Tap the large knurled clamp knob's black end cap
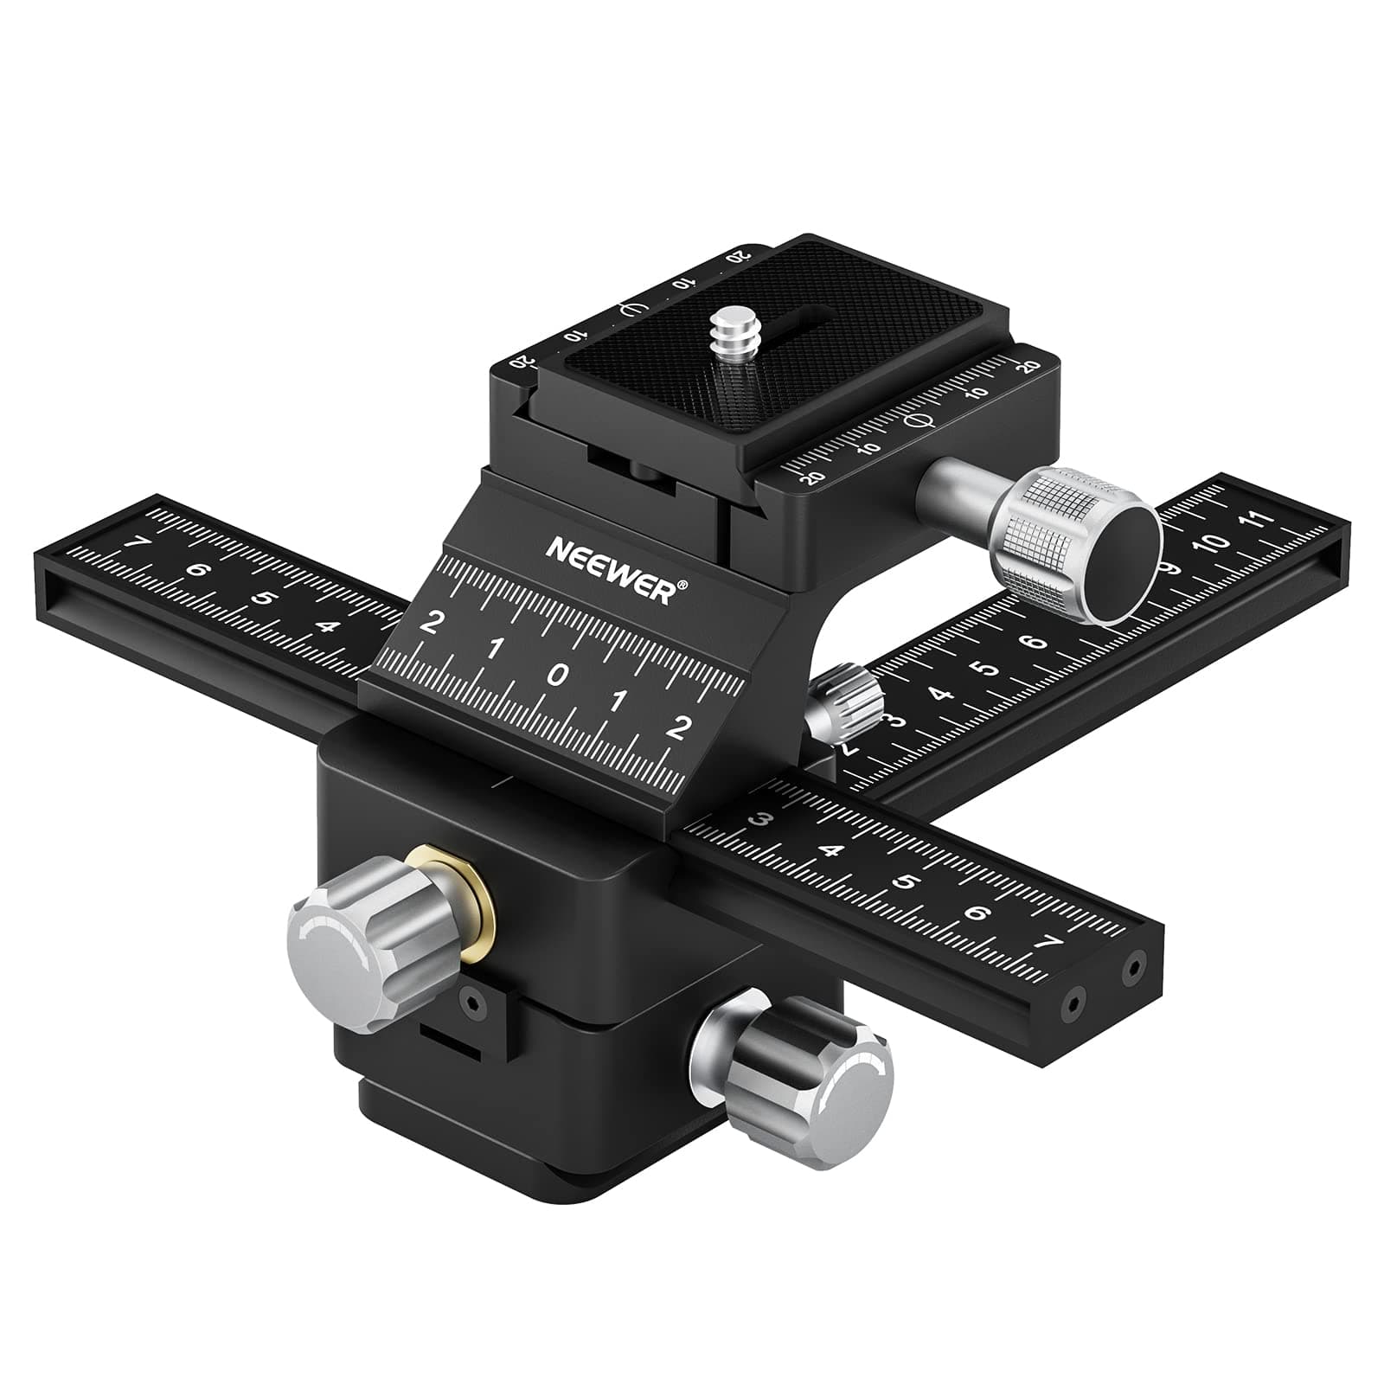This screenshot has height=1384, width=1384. coord(1122,563)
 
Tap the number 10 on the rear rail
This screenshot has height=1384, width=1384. coord(1214,543)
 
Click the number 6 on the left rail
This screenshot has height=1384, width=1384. coord(198,571)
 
